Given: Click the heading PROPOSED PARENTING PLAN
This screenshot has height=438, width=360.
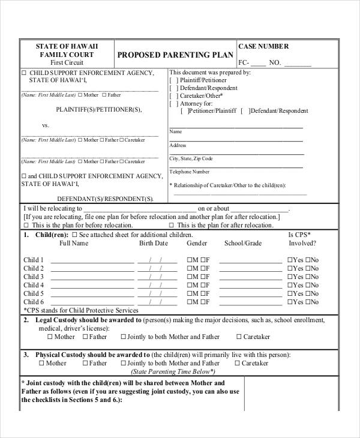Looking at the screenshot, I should [176, 55].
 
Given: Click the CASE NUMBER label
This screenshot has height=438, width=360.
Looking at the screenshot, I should [263, 46].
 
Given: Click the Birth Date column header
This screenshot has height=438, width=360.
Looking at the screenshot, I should [154, 244].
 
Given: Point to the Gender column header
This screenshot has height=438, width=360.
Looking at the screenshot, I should [197, 244].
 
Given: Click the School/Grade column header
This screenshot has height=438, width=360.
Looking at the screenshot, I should [243, 244].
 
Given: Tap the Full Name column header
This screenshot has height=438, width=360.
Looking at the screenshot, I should [74, 244].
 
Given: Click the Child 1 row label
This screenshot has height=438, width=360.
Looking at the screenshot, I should [34, 260].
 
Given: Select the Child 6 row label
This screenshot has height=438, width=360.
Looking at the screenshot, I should [34, 302].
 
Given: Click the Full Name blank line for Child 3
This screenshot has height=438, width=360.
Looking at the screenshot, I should [92, 277].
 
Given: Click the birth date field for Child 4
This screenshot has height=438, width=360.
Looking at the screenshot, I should [157, 286].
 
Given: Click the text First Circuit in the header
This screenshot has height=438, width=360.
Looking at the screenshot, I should [67, 62].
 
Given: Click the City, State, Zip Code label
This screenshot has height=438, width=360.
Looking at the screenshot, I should [191, 159].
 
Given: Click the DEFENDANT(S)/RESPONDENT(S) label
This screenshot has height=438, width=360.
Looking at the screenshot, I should [105, 198].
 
